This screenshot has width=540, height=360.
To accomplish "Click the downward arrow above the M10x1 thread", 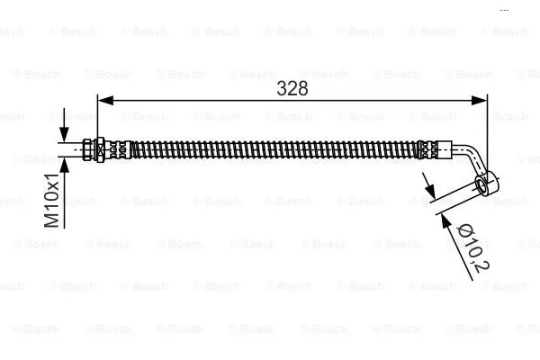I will pos(63,135).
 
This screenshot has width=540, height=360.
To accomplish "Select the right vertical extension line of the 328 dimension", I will pos(487,126).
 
